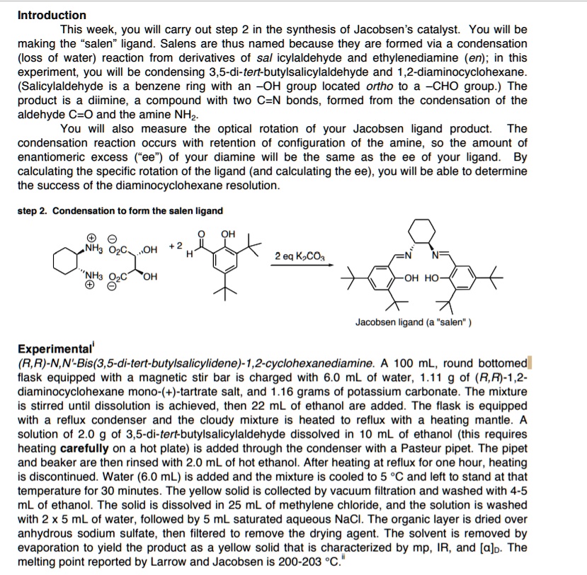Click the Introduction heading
pyautogui.click(x=52, y=15)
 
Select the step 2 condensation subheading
pyautogui.click(x=120, y=211)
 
